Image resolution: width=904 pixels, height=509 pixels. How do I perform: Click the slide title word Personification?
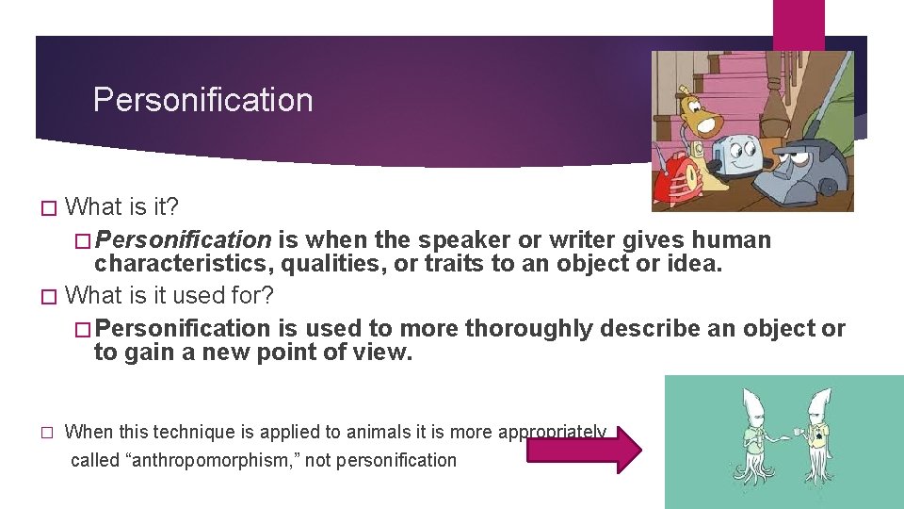202,100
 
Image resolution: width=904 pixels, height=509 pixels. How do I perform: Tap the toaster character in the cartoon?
735,155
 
